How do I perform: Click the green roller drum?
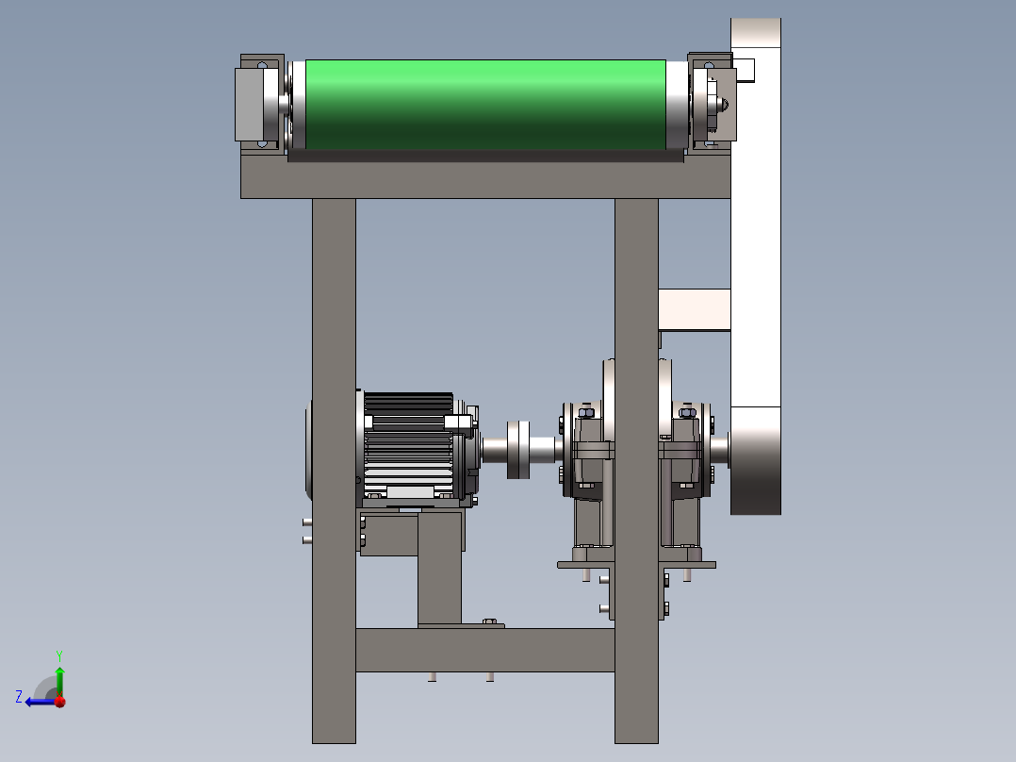[485, 105]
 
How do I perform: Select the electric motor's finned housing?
[408, 446]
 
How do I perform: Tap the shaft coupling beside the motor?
[518, 450]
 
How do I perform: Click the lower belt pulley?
[756, 460]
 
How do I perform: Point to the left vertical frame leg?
[334, 471]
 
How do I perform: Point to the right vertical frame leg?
[636, 471]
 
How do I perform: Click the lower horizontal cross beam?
[485, 650]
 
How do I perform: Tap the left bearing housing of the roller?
[260, 105]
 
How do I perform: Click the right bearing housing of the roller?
[712, 103]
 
